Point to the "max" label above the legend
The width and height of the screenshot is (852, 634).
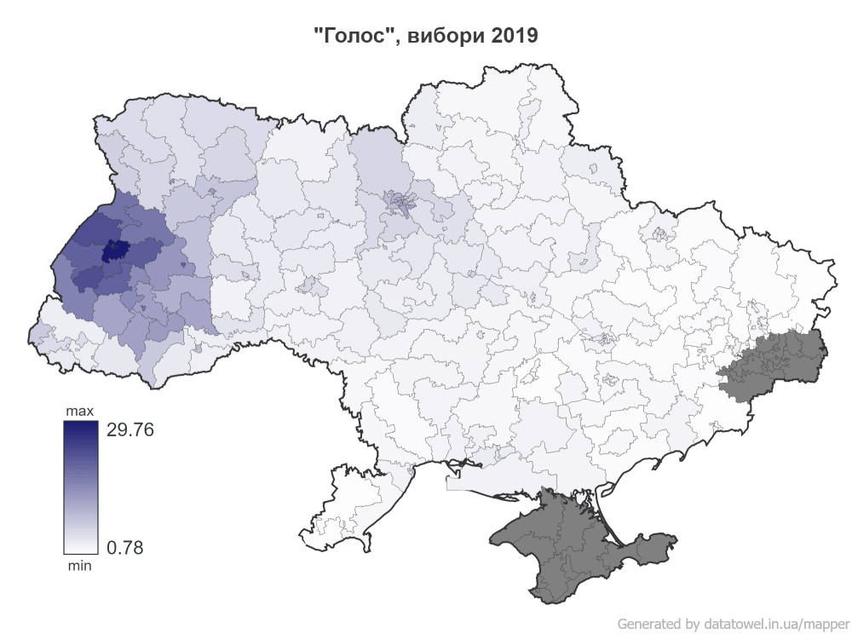[80, 412]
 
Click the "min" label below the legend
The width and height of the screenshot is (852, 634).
[80, 564]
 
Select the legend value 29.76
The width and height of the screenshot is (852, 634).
[130, 430]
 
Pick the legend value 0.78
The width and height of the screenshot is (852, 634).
[124, 547]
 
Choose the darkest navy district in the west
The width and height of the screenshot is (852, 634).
[112, 251]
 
